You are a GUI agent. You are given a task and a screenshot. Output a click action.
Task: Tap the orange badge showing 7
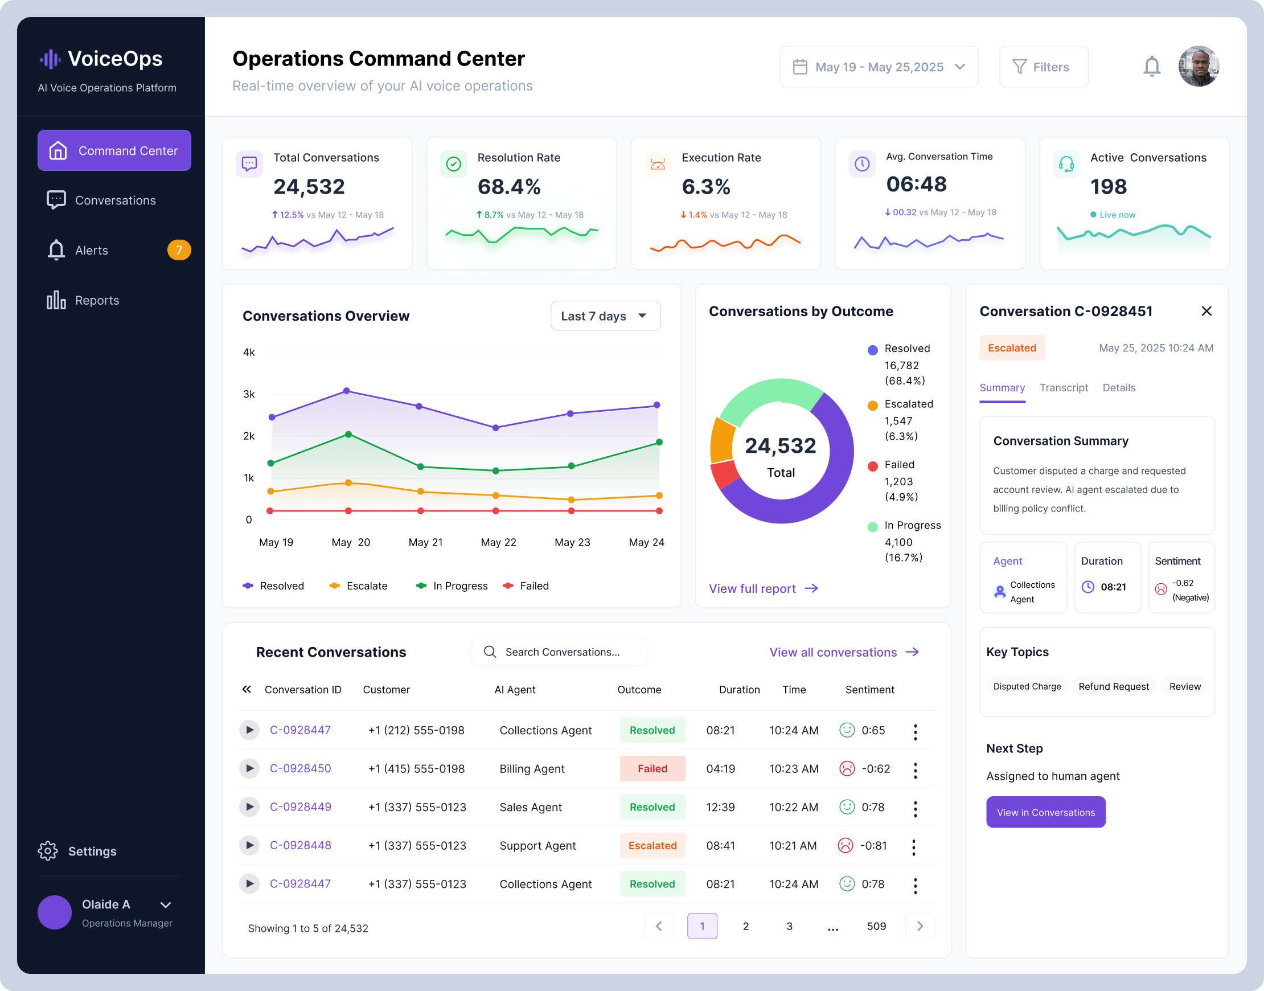click(179, 250)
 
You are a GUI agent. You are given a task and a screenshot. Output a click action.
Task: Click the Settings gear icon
click(48, 850)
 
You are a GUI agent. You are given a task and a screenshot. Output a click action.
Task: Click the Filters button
click(1043, 67)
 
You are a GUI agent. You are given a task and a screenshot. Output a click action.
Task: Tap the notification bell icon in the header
click(1151, 66)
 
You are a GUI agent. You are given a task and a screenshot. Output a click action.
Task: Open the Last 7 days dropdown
click(605, 316)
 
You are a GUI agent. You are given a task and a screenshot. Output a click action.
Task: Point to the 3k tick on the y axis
click(249, 394)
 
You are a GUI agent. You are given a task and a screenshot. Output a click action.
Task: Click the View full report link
click(764, 588)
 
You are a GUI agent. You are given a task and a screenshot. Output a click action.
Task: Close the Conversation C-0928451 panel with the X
click(1206, 311)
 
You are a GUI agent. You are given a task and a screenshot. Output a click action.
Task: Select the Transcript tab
click(1063, 388)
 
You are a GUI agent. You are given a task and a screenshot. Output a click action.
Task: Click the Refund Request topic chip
click(1113, 686)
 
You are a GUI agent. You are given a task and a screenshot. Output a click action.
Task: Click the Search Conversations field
click(559, 652)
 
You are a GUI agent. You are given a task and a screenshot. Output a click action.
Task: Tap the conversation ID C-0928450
click(301, 768)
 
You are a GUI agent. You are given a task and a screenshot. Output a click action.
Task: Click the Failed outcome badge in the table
click(652, 768)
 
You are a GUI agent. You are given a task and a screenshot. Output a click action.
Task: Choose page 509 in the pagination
click(876, 926)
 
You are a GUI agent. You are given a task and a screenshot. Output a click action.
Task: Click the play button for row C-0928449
click(249, 806)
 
